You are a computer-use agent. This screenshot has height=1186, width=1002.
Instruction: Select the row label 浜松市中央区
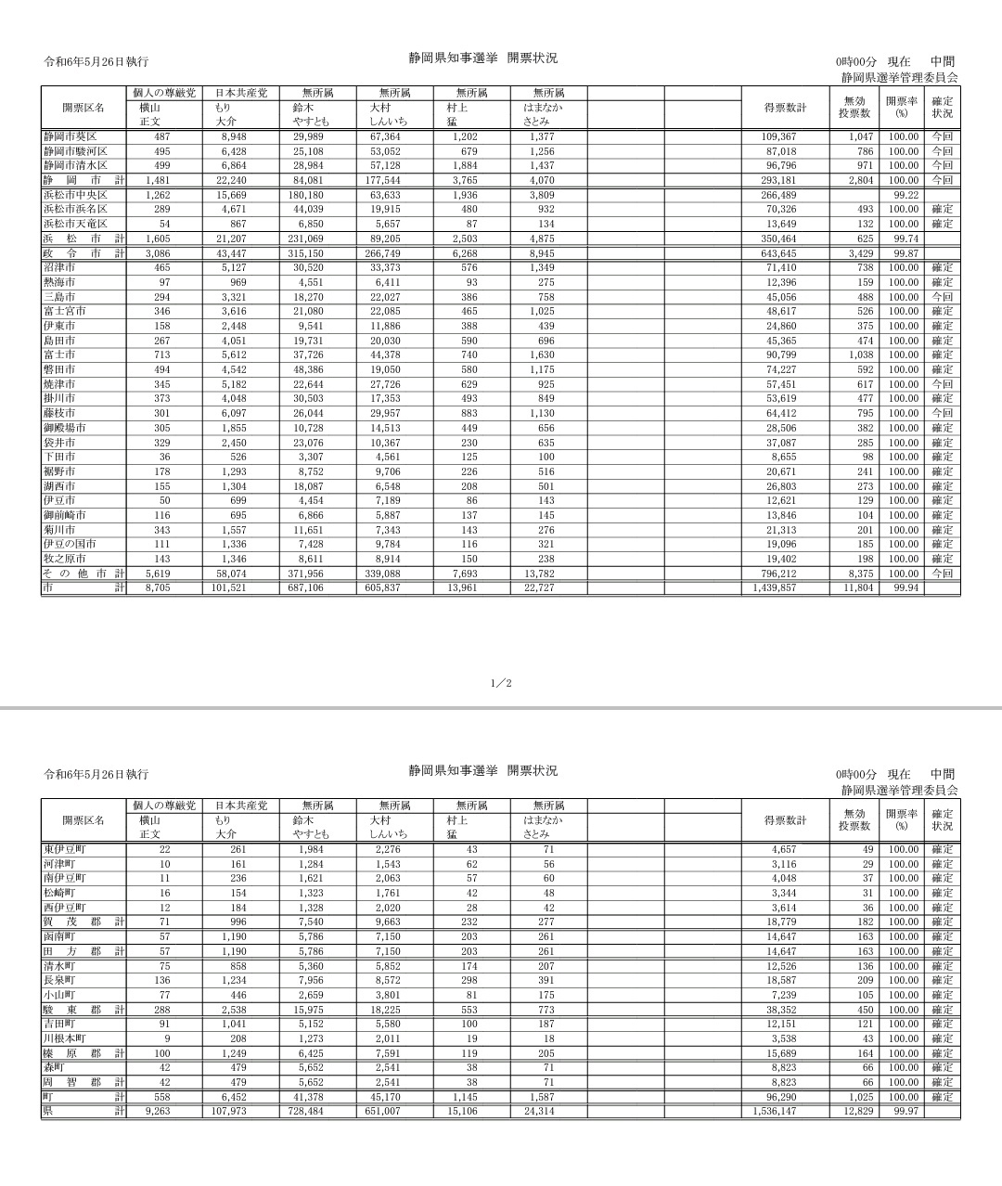click(75, 196)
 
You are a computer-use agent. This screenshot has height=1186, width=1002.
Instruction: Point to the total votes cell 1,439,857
click(775, 588)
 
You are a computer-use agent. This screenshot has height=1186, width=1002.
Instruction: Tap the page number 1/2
click(501, 684)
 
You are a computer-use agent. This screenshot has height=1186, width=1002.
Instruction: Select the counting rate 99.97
click(906, 1112)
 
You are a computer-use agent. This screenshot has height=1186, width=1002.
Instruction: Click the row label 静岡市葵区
click(71, 137)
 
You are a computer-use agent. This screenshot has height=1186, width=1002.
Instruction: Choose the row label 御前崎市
click(64, 515)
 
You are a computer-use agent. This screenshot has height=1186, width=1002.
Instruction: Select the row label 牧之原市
click(64, 559)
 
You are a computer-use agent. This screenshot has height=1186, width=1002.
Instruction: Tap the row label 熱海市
click(59, 282)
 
